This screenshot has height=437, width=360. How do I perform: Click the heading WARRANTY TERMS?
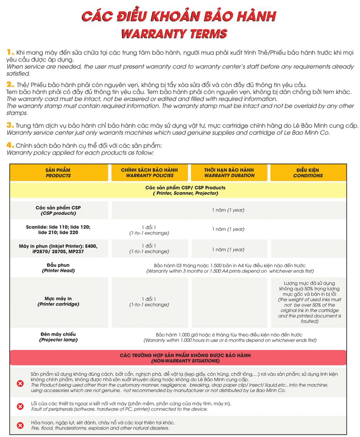click(174, 33)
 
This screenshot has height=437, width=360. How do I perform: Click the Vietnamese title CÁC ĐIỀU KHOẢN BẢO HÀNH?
click(179, 15)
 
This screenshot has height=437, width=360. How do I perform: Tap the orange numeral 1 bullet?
click(11, 52)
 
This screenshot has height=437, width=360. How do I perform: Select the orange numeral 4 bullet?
click(11, 145)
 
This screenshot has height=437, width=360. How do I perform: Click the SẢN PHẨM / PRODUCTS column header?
click(58, 173)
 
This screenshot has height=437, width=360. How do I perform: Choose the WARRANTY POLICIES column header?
click(149, 173)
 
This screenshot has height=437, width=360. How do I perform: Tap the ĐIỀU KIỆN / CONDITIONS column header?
click(308, 173)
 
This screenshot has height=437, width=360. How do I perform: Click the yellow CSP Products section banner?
click(185, 190)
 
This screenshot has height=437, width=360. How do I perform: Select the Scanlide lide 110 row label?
click(58, 229)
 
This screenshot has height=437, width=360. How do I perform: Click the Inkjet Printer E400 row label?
click(58, 249)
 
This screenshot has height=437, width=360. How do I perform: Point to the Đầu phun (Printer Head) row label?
click(58, 268)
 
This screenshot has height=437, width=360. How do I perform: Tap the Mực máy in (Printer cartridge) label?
click(58, 301)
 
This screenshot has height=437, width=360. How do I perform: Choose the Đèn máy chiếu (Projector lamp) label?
click(58, 337)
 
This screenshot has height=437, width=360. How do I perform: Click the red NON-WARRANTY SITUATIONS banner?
click(185, 358)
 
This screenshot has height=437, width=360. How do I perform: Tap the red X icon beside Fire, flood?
click(20, 425)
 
